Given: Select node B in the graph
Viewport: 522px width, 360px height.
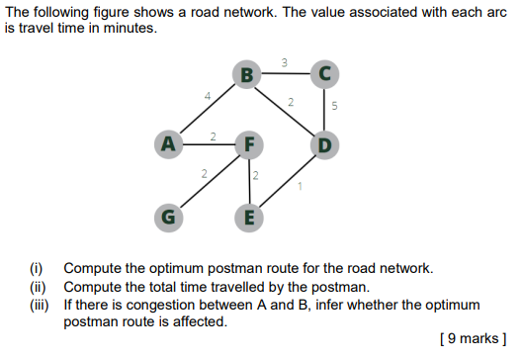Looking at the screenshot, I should click(x=246, y=73).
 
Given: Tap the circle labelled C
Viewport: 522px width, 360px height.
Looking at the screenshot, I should click(x=324, y=72).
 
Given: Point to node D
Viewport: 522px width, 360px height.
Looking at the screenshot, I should click(x=324, y=145).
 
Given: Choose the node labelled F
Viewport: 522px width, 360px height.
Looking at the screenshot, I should click(x=249, y=143).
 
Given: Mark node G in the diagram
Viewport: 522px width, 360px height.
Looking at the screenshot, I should click(x=170, y=215).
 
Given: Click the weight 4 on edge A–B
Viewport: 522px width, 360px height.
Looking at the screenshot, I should click(x=207, y=96).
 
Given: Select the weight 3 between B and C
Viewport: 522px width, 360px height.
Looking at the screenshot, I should click(x=285, y=63).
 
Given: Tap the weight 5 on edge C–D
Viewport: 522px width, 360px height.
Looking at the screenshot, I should click(x=334, y=108).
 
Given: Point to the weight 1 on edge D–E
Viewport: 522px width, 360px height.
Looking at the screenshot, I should click(x=299, y=185).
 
